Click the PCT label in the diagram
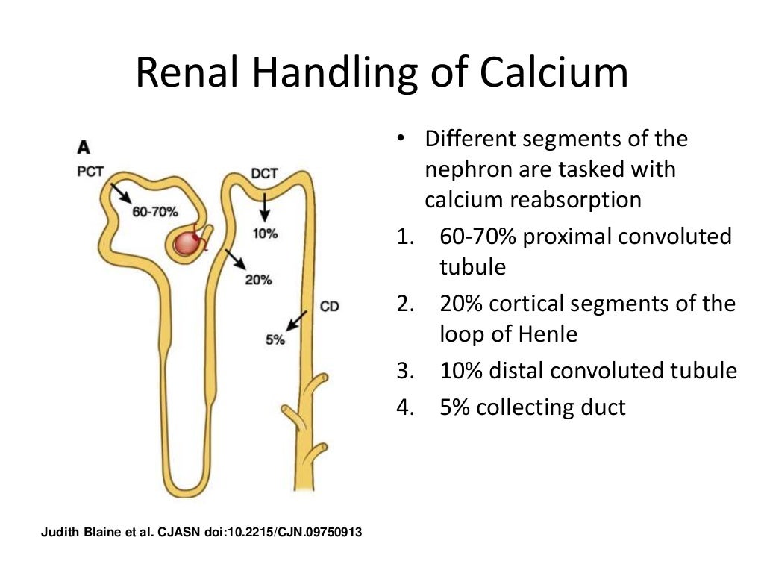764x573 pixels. [x=90, y=171]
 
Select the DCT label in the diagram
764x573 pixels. [x=264, y=174]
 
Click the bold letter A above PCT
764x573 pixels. [x=84, y=148]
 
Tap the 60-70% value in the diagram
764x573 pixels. [x=154, y=212]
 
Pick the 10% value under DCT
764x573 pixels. [x=265, y=233]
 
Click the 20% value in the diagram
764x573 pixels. [x=259, y=280]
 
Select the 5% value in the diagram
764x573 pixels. [x=275, y=339]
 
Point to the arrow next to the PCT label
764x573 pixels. [x=119, y=192]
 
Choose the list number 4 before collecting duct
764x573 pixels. [x=404, y=407]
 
